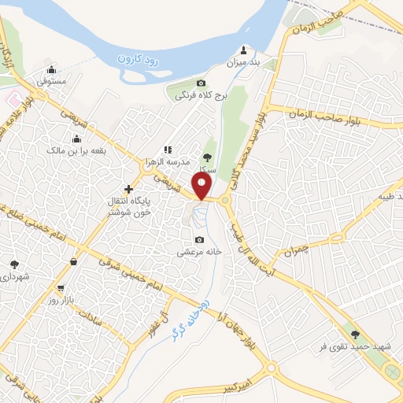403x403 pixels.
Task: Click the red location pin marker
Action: (x=203, y=186)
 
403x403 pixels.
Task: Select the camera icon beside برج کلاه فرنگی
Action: (x=201, y=83)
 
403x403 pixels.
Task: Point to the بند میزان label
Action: (x=243, y=61)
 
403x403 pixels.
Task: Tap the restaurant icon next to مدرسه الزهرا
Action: (x=167, y=149)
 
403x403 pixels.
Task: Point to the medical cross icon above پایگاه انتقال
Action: (x=128, y=188)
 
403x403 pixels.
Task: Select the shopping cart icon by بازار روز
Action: (x=61, y=288)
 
